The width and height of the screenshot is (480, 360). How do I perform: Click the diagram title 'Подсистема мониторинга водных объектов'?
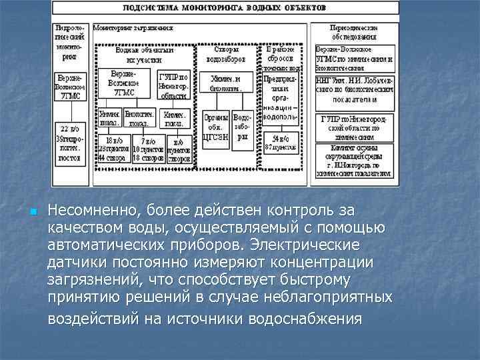coord(224,9)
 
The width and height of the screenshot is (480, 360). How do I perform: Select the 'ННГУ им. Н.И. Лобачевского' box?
coord(354,88)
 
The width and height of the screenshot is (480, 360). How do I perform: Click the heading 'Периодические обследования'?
coord(354,32)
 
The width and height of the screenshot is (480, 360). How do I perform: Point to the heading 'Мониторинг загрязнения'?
coord(133,29)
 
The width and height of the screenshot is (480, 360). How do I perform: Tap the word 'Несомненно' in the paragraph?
coord(90,211)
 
